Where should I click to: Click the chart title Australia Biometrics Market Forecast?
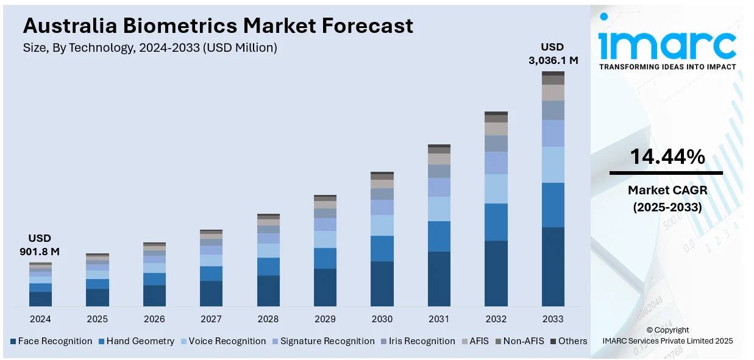pos(218,26)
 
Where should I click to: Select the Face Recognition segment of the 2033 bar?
pos(553,266)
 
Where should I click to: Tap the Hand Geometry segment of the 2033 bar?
pos(553,205)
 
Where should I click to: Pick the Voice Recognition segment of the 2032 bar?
pos(496,189)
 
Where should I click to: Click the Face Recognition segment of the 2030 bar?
pos(382,283)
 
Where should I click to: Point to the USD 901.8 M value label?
pos(40,244)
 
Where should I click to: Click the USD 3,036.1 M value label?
pos(553,54)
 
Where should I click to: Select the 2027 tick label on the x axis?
pos(211,319)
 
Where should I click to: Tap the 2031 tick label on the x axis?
pos(439,319)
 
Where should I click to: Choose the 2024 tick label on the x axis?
pos(40,319)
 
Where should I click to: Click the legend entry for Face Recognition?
pos(51,341)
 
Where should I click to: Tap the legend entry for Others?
pos(569,341)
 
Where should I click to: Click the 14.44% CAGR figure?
pos(667,157)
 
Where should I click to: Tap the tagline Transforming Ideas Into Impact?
pos(667,67)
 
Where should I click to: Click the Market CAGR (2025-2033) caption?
pos(667,199)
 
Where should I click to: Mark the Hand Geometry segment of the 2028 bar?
pos(268,266)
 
